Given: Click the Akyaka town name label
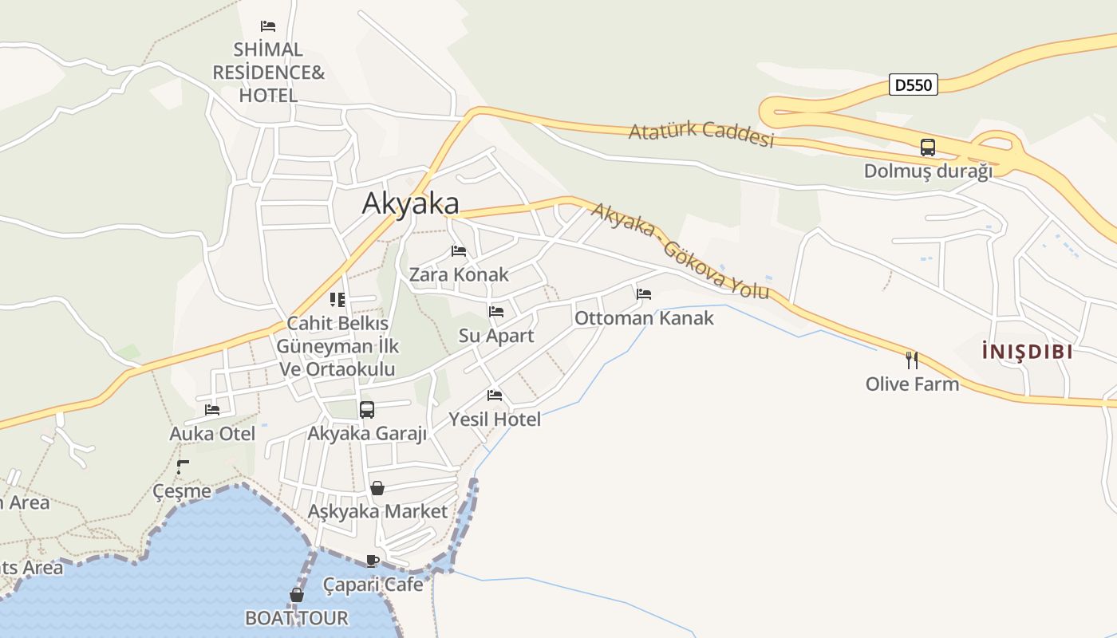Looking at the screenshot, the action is click(x=411, y=203).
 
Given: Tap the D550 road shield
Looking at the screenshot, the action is click(x=913, y=85).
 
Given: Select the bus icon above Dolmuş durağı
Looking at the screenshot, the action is click(x=927, y=148).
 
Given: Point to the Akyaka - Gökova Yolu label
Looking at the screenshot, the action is click(x=681, y=250).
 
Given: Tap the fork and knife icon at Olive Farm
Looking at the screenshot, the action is click(x=912, y=360).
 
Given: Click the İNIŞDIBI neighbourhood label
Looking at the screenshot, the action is click(x=1027, y=351).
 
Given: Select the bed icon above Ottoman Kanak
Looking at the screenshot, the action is click(x=644, y=294).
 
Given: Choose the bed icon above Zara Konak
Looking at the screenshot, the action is click(x=459, y=251).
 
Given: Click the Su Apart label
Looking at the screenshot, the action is click(x=496, y=336).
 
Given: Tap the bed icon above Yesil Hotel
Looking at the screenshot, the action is click(x=495, y=396).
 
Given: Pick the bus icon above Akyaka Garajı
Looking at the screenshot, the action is click(x=367, y=410).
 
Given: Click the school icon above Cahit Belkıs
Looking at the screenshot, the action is click(x=337, y=300).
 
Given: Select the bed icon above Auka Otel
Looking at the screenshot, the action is click(x=212, y=410).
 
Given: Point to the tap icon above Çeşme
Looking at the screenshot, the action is click(x=183, y=467).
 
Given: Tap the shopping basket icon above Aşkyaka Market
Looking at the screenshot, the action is click(x=377, y=488).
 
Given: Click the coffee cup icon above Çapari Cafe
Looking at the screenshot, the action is click(x=372, y=561).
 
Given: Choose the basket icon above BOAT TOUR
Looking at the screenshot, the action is click(x=297, y=595).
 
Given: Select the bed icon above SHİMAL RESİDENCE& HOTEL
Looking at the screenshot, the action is click(x=268, y=26).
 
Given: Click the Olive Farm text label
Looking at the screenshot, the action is click(x=912, y=384).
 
